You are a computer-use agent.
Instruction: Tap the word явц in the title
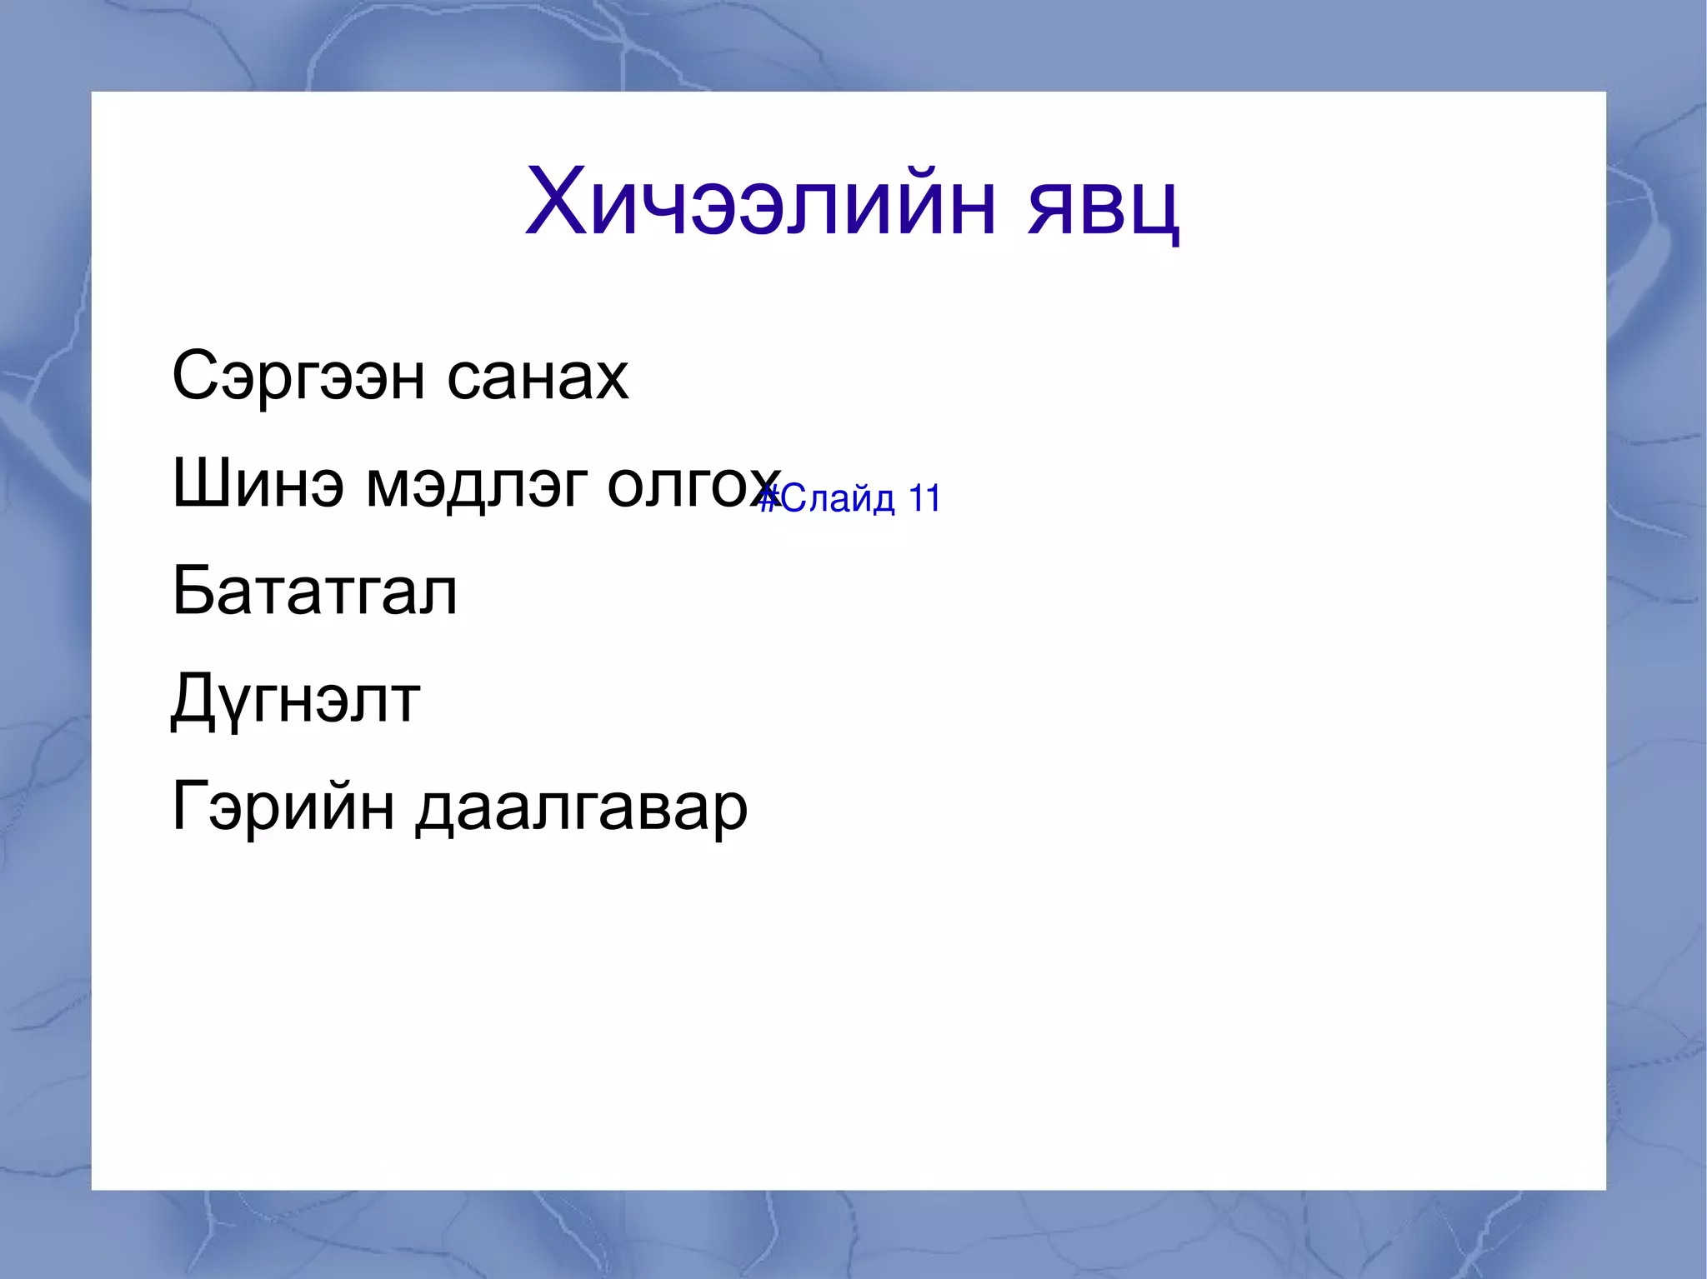[1103, 208]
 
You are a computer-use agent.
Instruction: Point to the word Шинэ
[258, 484]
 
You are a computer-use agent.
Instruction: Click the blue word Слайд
[838, 499]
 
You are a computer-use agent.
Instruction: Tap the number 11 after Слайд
[924, 498]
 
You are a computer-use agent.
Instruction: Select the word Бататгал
[314, 591]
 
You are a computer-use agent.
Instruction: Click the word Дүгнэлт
[295, 700]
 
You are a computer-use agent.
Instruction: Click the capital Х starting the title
[556, 202]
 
